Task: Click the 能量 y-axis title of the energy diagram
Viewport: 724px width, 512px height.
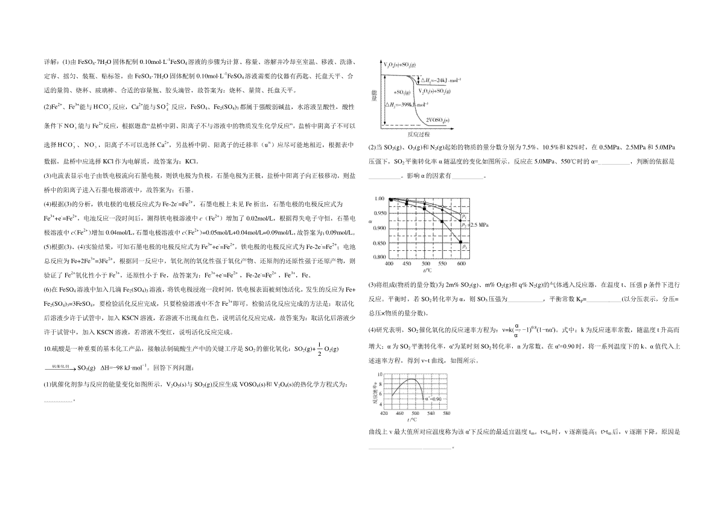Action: (x=376, y=96)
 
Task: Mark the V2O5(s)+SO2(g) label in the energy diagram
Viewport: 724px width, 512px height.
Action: (x=399, y=64)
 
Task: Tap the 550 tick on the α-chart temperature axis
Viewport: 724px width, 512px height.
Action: (x=443, y=264)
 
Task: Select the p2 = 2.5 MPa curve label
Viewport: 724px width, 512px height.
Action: (x=474, y=224)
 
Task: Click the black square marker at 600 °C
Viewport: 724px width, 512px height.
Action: (x=462, y=243)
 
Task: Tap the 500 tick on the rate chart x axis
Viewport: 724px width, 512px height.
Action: (x=415, y=413)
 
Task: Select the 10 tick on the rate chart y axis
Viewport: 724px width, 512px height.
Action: (x=380, y=374)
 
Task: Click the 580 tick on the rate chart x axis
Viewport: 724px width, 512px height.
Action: (x=446, y=413)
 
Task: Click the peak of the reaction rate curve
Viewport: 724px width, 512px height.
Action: (x=410, y=379)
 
